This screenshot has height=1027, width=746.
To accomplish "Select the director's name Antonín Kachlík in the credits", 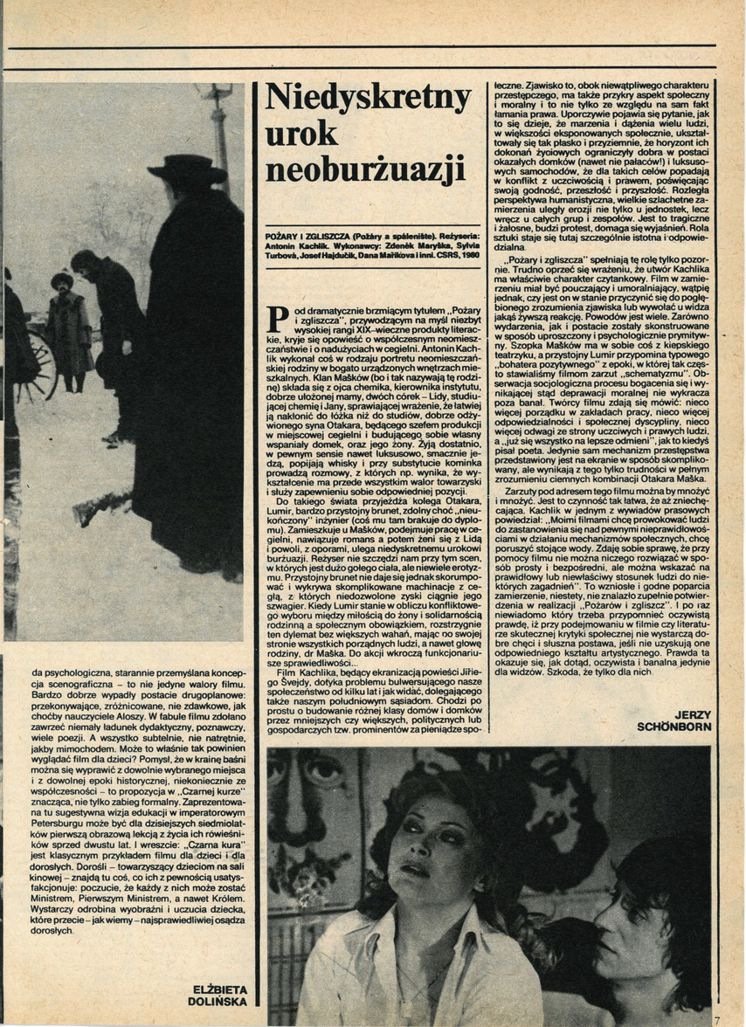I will click(x=295, y=248).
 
